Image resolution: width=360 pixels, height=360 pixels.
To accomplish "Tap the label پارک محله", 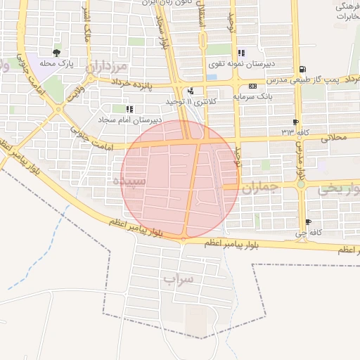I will tap(57, 64).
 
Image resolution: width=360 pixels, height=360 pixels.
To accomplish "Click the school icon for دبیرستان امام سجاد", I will tap(129, 109).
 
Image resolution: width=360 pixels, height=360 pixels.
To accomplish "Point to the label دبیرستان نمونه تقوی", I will tap(240, 63).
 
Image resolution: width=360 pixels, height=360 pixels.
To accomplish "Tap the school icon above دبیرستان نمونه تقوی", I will tap(241, 53).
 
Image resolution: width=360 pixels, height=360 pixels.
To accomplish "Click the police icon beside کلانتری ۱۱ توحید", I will tap(191, 91).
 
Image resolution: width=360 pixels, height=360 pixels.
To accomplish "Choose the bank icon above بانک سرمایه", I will tap(252, 86).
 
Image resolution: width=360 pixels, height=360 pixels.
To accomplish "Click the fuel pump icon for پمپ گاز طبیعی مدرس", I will tap(302, 69).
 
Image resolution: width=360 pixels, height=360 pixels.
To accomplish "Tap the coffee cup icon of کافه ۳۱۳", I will tap(296, 122).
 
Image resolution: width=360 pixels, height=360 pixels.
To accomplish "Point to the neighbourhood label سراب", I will tap(178, 279).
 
